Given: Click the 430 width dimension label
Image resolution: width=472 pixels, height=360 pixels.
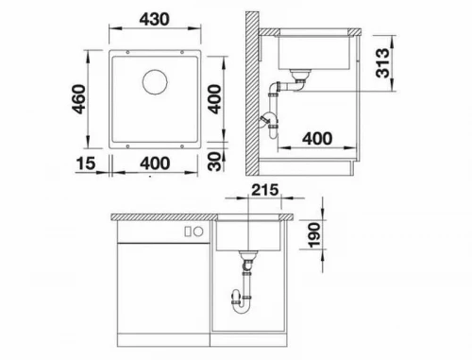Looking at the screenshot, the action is click(x=154, y=19).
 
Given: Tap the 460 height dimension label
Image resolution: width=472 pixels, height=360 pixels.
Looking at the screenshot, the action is click(x=78, y=99).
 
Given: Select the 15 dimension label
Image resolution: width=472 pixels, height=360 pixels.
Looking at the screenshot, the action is click(x=85, y=163).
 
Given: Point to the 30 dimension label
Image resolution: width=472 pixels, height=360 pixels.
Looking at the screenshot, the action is click(x=215, y=162).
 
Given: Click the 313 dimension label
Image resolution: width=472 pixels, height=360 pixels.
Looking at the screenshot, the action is click(x=382, y=63).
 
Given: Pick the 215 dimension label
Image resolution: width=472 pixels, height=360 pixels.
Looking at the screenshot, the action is click(x=265, y=190).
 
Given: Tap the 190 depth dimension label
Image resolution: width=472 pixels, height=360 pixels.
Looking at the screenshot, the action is click(x=314, y=235).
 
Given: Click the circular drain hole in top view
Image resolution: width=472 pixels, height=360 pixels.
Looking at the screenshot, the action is click(x=155, y=81).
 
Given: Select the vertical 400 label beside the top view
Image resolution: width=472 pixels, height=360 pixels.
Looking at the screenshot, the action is click(x=215, y=99).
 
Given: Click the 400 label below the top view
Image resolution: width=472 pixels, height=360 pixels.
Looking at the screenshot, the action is click(x=155, y=163).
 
